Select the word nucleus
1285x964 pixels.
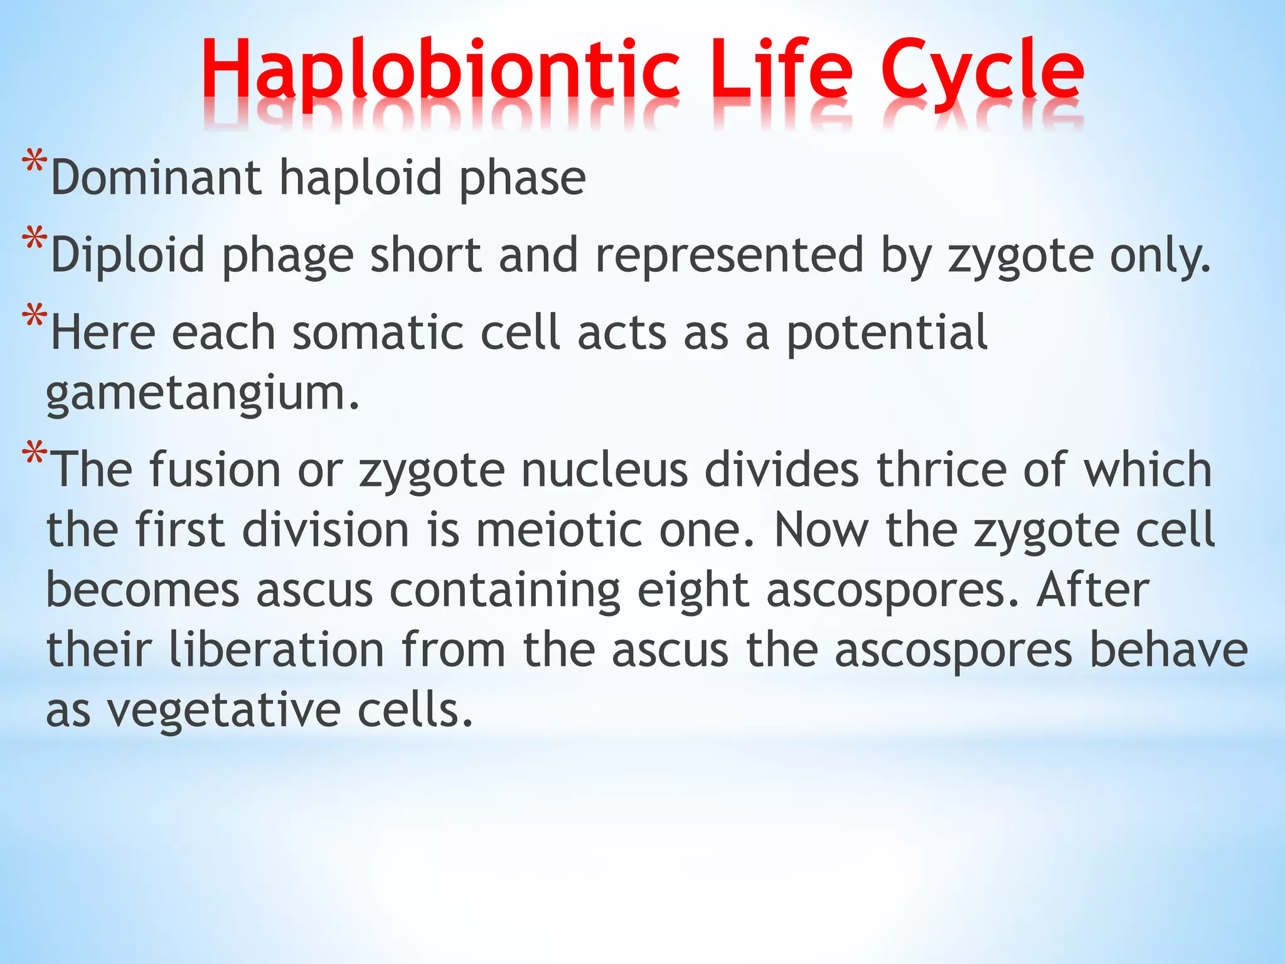tap(605, 469)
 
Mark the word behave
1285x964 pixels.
tap(1168, 650)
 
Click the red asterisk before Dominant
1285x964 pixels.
tap(34, 163)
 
